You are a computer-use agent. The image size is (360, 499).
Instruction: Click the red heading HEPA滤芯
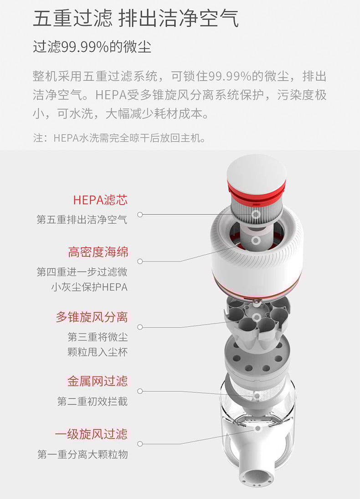pos(101,200)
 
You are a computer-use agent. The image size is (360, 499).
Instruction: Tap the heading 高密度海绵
pos(98,252)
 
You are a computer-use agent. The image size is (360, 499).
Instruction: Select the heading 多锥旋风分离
pos(92,317)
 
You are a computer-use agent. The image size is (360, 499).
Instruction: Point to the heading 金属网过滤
pos(98,381)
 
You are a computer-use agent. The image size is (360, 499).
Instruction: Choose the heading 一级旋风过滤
pos(91,434)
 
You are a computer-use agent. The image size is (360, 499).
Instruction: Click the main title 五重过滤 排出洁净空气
pos(136,18)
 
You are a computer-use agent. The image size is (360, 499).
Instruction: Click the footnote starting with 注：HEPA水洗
pos(119,138)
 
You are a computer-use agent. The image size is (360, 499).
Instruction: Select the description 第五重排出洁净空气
pos(82,219)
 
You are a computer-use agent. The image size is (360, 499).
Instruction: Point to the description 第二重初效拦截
pos(93,401)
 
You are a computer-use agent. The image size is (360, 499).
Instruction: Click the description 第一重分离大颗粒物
pos(82,454)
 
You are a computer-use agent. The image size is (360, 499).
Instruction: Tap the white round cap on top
pos(256,172)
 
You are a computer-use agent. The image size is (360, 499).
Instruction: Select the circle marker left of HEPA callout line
pos(140,214)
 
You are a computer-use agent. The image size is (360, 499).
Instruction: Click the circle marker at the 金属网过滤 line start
pos(140,391)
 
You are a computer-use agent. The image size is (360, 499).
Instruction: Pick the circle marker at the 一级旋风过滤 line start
pos(140,444)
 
